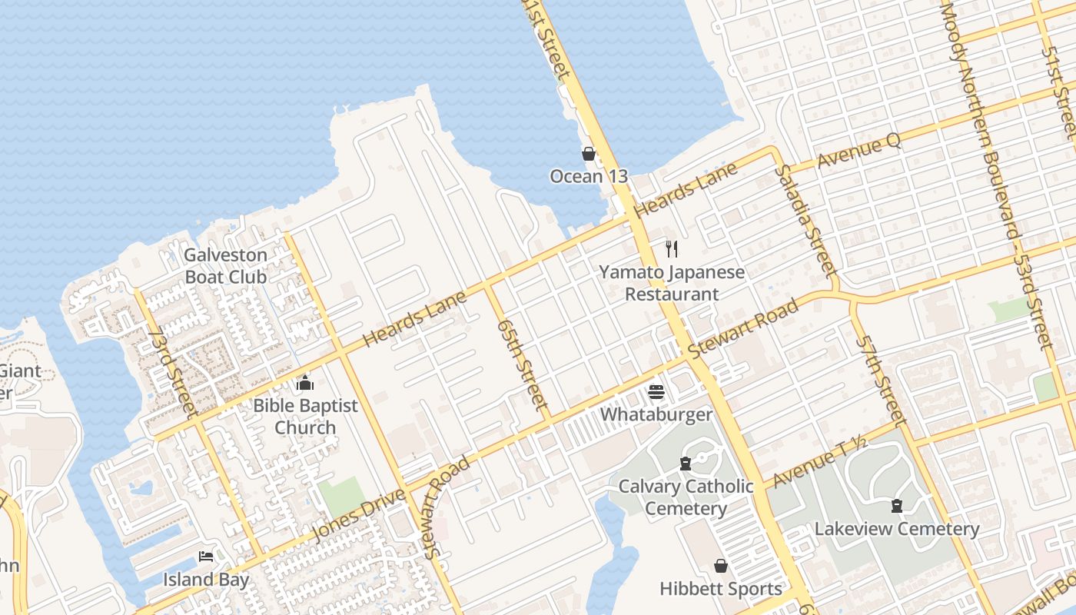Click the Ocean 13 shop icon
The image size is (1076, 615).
click(x=589, y=154)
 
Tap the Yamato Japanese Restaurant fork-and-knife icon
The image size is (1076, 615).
click(x=672, y=248)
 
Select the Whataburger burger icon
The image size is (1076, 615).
click(x=656, y=392)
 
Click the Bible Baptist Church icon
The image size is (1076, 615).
click(x=305, y=383)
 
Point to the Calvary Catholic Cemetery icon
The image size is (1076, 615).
click(x=686, y=464)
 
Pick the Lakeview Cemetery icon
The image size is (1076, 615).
click(x=896, y=506)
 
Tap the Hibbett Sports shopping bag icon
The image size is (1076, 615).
click(x=721, y=567)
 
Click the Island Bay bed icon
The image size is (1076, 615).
click(x=205, y=557)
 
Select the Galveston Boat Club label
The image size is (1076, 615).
click(x=226, y=266)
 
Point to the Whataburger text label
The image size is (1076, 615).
click(x=656, y=414)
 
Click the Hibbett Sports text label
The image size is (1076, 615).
click(x=721, y=589)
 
